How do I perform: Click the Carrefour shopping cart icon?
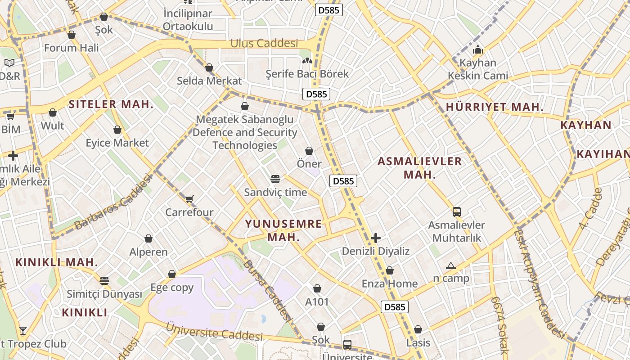point(189,199)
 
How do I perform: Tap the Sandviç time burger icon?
point(275,179)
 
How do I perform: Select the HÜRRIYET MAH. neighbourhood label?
point(495,107)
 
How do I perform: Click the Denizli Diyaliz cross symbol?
point(376,238)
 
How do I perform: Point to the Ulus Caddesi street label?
point(264,44)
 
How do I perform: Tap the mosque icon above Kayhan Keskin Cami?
point(478,49)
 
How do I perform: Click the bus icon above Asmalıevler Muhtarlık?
point(456,211)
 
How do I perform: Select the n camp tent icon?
point(451,266)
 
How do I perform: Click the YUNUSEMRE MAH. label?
point(283,230)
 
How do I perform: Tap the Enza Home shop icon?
point(390,270)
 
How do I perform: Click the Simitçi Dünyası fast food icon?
point(104,281)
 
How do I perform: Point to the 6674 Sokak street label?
point(500,325)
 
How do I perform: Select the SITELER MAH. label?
point(111,104)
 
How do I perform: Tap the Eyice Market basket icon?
point(117,130)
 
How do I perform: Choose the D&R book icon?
point(9,63)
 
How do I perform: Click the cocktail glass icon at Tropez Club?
point(23,331)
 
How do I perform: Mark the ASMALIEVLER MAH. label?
point(419,168)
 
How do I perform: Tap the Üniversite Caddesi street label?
point(214,332)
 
